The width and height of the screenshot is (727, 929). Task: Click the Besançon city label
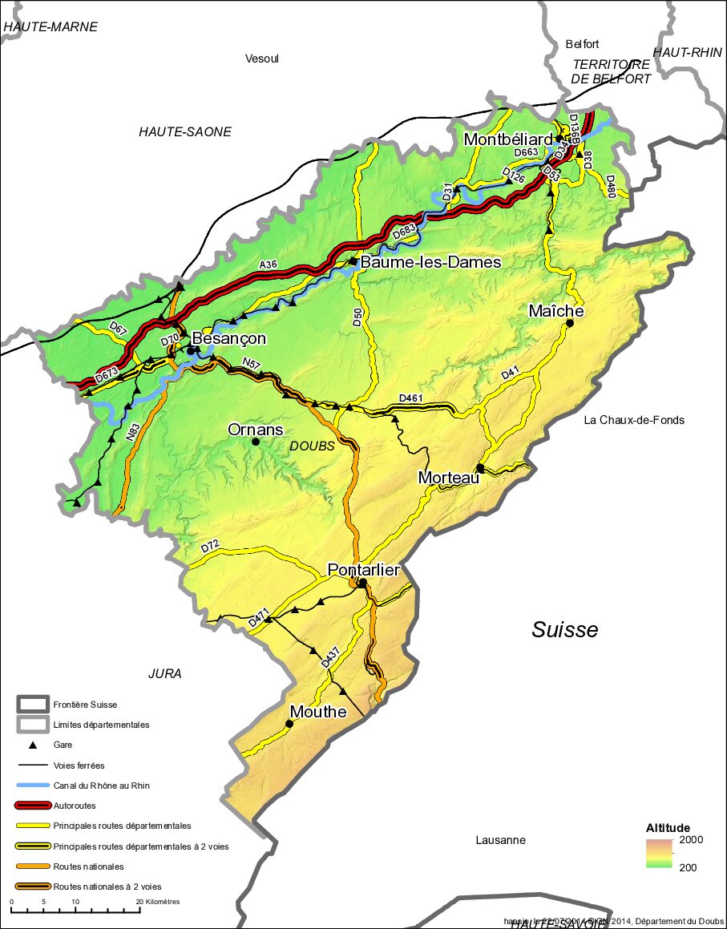click(228, 339)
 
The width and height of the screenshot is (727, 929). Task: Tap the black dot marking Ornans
click(256, 442)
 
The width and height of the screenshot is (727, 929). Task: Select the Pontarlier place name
click(363, 570)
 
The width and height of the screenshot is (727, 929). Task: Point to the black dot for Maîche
click(570, 324)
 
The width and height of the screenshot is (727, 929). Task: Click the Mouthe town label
click(318, 712)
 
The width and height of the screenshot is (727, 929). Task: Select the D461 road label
click(410, 398)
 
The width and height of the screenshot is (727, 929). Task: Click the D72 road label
click(210, 547)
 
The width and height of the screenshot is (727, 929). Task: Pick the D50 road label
click(357, 316)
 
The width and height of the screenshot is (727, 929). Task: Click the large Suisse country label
click(565, 630)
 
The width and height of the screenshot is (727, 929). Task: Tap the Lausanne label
click(500, 840)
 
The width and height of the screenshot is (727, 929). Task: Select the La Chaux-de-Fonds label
click(634, 420)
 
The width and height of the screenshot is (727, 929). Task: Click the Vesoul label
click(262, 59)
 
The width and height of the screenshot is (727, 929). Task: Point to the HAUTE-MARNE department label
click(50, 26)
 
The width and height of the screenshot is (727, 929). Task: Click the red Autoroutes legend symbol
click(33, 806)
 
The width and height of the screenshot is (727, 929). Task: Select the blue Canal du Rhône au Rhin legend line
click(33, 786)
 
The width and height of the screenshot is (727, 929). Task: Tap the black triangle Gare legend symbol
click(34, 745)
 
